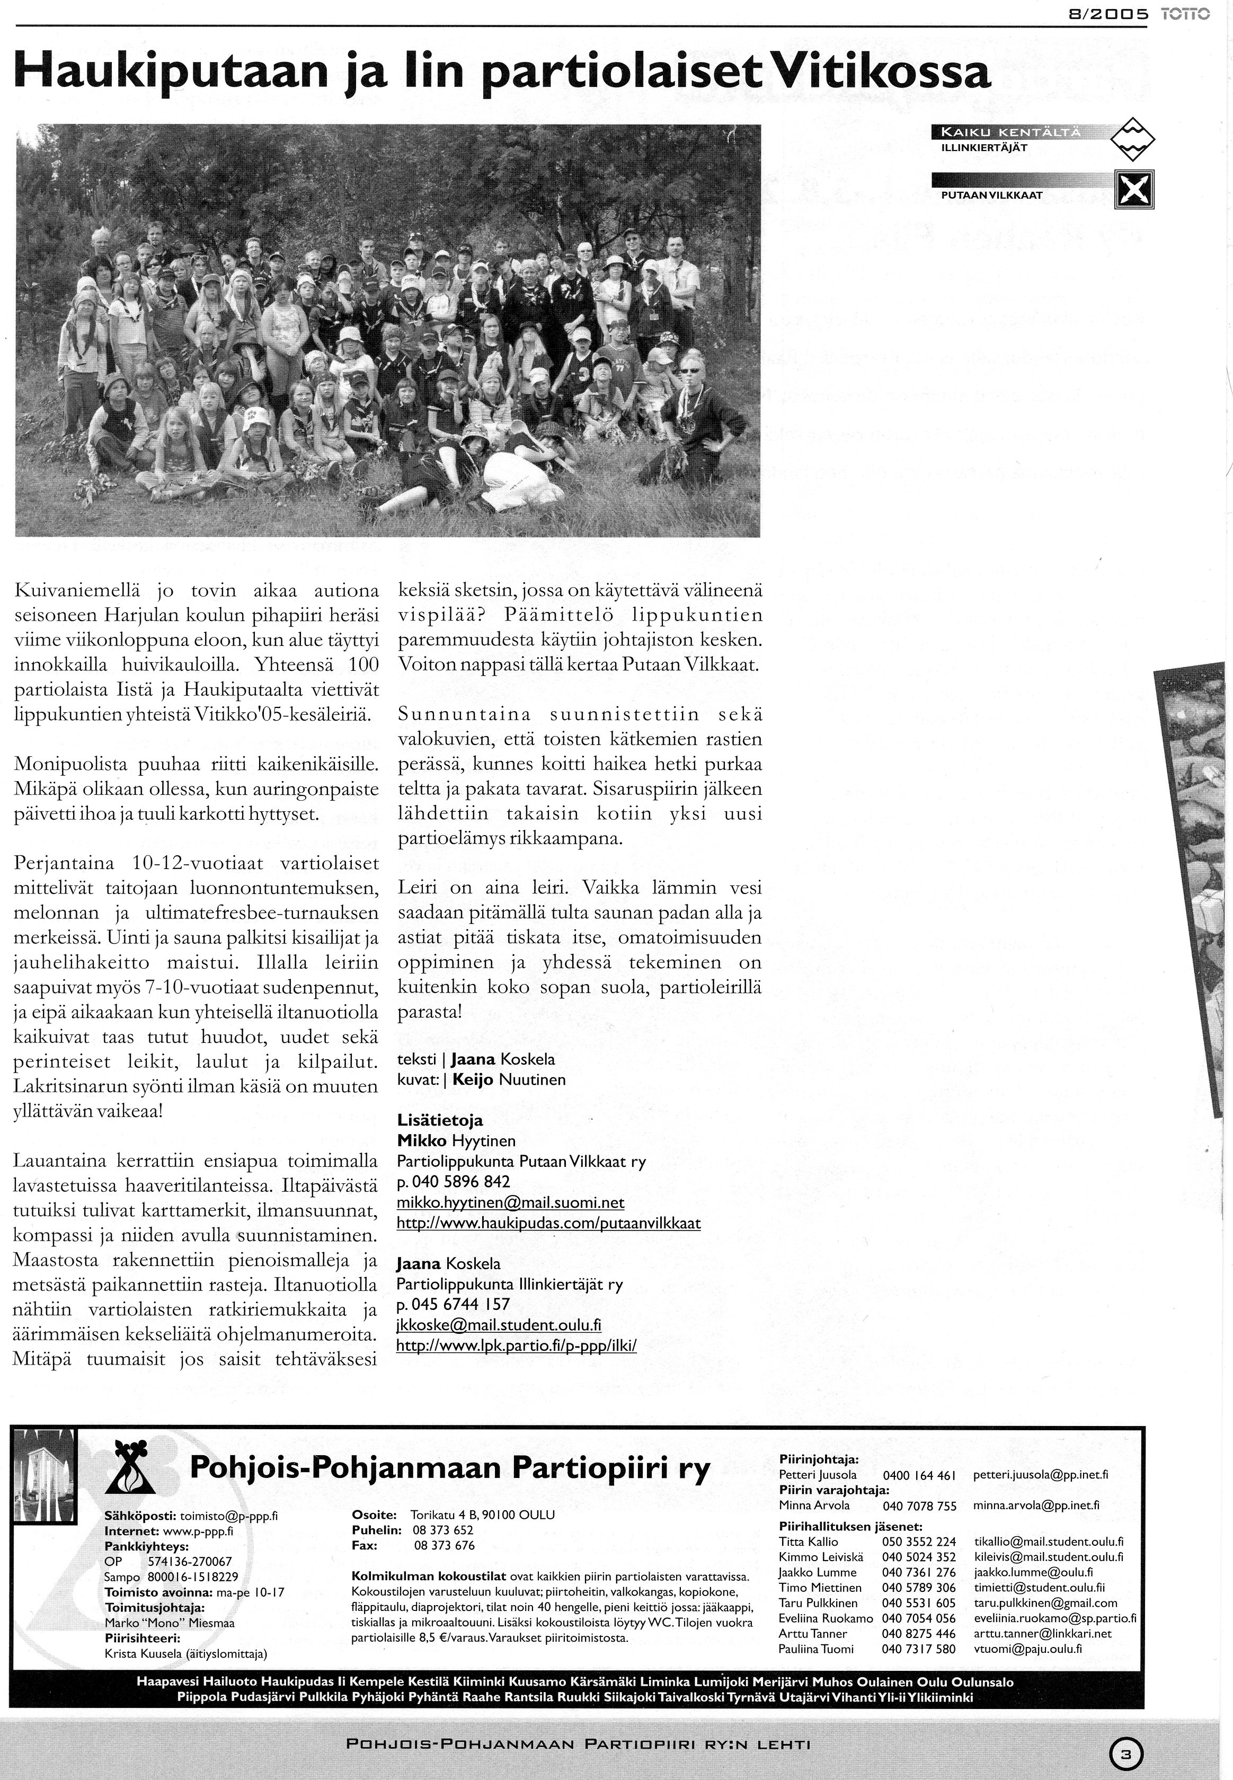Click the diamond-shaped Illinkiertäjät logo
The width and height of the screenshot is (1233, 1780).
click(x=1132, y=139)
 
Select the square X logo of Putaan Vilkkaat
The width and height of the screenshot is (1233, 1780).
click(x=1134, y=189)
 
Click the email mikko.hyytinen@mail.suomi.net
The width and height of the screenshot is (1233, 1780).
click(x=510, y=1203)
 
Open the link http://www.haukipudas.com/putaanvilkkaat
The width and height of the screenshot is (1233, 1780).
click(x=548, y=1224)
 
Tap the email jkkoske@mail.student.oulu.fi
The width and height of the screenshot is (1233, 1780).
click(x=498, y=1325)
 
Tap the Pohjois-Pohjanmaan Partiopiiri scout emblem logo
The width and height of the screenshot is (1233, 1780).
click(x=135, y=1468)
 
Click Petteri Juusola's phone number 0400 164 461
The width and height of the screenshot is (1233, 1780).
click(x=919, y=1475)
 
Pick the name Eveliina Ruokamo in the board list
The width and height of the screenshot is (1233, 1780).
click(x=825, y=1618)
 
